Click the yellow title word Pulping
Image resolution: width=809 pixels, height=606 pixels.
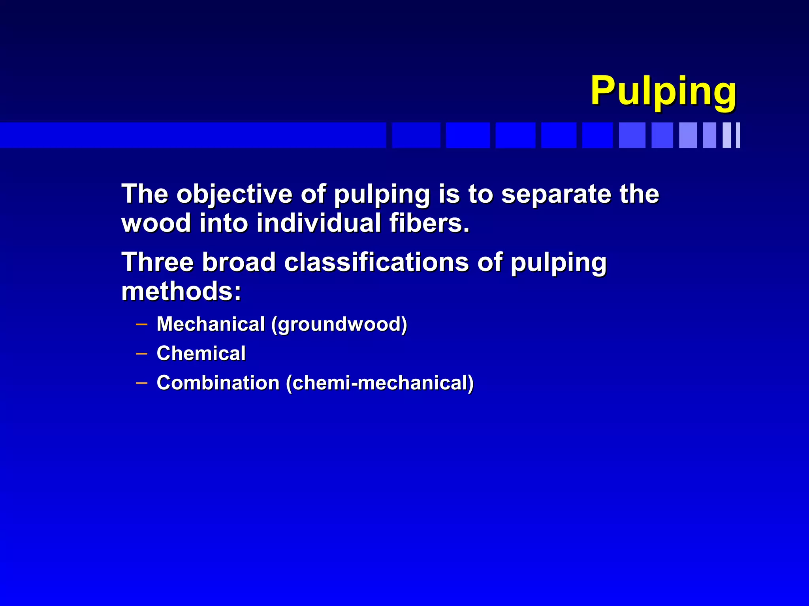(663, 92)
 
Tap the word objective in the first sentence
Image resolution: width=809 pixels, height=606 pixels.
(235, 194)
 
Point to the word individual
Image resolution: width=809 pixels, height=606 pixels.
(319, 223)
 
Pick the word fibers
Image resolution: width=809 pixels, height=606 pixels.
(429, 223)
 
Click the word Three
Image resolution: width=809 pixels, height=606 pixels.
(158, 262)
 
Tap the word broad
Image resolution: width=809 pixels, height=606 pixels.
(239, 262)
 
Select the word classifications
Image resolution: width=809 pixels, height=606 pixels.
(376, 262)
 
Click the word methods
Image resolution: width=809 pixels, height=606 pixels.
(181, 291)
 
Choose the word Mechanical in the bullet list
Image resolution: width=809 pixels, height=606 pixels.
(211, 324)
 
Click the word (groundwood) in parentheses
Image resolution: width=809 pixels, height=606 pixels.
(339, 324)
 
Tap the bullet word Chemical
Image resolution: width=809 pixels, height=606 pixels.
(201, 353)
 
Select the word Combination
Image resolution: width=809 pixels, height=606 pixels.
(218, 383)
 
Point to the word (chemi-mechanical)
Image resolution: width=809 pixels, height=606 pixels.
(380, 383)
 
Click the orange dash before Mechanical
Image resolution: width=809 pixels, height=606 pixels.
(141, 325)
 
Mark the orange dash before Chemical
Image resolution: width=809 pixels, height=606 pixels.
(141, 354)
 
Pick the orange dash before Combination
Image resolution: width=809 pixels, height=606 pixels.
(141, 383)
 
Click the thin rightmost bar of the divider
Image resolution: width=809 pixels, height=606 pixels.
(738, 135)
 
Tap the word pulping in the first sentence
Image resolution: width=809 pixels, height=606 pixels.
(382, 195)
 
